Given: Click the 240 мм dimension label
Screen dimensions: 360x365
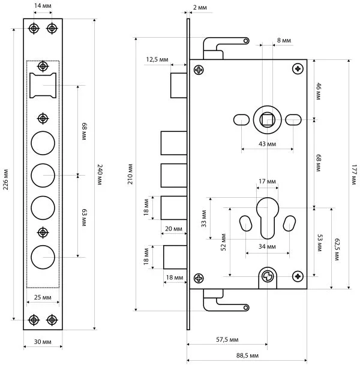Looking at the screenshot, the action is tap(100, 174).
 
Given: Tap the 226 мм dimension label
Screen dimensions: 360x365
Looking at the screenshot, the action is tap(5, 180).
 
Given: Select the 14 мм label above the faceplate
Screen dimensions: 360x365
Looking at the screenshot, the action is tap(43, 5).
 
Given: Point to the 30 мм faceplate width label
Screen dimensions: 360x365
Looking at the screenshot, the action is tap(43, 342).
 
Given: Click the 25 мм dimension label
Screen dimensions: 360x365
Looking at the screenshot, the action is tap(43, 297).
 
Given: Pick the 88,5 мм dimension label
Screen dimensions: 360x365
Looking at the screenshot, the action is tap(247, 355).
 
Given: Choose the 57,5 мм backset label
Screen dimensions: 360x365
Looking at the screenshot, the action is tap(227, 340).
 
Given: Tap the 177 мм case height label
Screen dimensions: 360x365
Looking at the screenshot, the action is tap(354, 174).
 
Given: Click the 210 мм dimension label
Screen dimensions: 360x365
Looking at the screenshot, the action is tap(130, 174).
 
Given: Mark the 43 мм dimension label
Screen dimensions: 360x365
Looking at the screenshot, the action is tap(267, 144).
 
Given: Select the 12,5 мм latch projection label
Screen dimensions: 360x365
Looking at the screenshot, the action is tap(157, 59).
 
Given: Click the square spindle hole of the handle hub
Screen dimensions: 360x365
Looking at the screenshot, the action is tap(267, 120).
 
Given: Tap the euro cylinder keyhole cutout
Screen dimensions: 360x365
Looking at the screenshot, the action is tap(268, 218).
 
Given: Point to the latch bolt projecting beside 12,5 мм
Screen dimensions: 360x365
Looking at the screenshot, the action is tap(179, 86).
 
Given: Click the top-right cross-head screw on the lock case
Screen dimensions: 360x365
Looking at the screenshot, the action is tap(298, 69).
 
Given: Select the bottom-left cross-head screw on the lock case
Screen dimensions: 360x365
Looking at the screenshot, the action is tap(199, 278).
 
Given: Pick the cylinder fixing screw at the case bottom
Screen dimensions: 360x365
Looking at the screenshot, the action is tap(268, 276).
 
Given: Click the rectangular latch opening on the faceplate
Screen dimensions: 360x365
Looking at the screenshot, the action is tap(43, 86).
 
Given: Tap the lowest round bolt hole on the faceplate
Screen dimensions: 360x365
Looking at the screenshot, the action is tap(43, 257).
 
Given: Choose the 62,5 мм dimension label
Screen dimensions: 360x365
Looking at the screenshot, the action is tap(337, 249).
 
